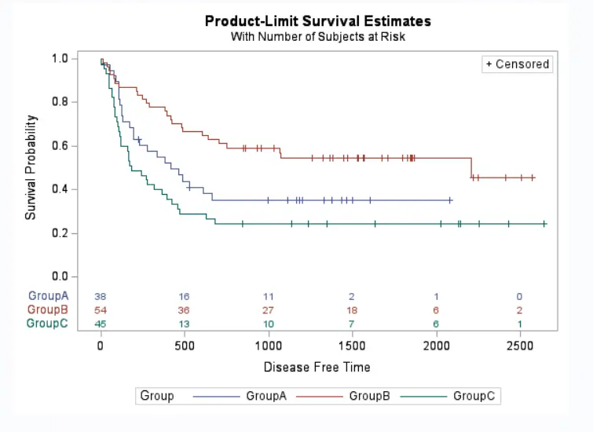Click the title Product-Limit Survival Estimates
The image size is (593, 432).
(317, 20)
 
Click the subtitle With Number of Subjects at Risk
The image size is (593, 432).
(317, 36)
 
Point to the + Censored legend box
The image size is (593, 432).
(517, 64)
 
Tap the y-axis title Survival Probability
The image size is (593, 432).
(31, 167)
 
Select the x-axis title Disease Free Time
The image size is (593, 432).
(317, 367)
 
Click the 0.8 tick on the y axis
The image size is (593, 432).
(60, 102)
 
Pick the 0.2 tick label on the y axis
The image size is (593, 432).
(60, 233)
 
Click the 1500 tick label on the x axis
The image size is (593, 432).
(352, 346)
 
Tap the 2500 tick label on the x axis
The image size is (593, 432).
(519, 346)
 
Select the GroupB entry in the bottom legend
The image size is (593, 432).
(369, 396)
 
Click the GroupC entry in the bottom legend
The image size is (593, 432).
(474, 396)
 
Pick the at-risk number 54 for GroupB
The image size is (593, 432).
(101, 310)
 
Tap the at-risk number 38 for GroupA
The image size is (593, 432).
(101, 297)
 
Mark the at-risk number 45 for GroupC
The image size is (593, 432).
(101, 324)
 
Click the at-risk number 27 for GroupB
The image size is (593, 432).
(269, 310)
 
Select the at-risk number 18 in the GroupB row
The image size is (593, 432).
(352, 310)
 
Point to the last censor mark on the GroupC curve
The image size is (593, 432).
(544, 224)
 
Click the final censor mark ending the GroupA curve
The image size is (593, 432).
(450, 200)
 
